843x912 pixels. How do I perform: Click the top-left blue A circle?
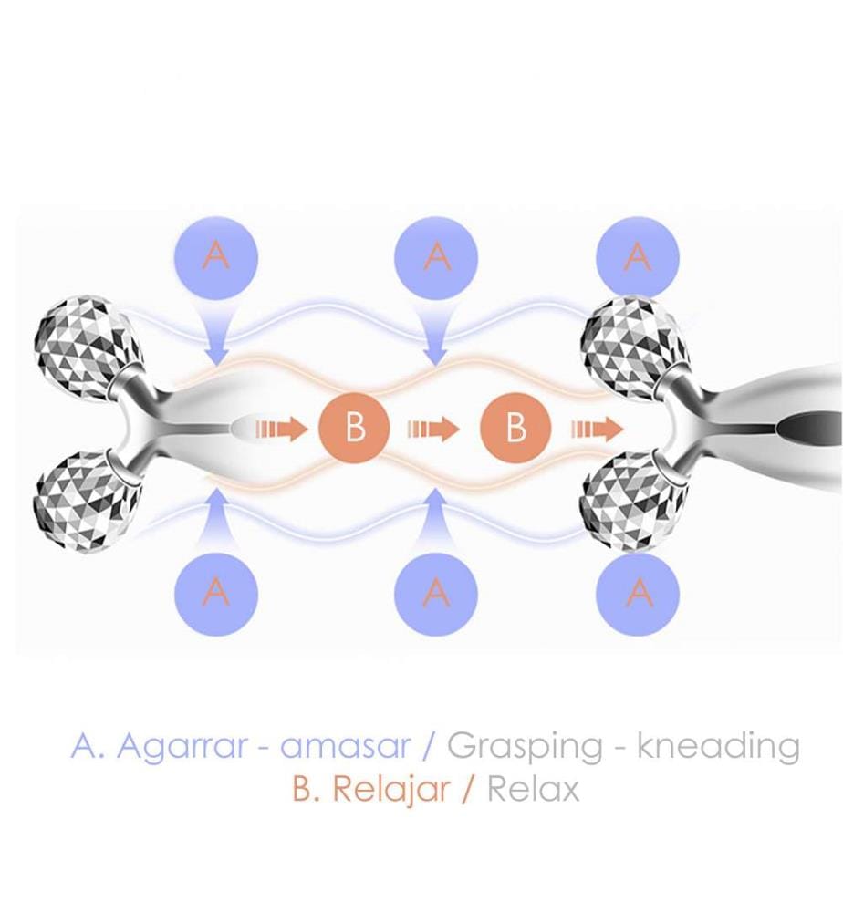[216, 257]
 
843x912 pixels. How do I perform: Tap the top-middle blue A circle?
[436, 257]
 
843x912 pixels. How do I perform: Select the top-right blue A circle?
[639, 257]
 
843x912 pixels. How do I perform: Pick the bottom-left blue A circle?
[216, 594]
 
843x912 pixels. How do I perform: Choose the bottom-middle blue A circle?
[436, 594]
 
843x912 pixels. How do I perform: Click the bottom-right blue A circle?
[639, 594]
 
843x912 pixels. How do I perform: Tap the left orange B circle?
[354, 428]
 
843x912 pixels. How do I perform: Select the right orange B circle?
[515, 428]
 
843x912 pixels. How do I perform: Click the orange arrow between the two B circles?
[433, 430]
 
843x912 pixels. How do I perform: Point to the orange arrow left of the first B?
[281, 430]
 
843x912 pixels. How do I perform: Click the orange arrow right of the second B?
[597, 430]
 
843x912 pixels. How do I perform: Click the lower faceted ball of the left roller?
[88, 502]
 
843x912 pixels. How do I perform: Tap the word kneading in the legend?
[718, 745]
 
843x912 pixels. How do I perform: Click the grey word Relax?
[533, 789]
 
